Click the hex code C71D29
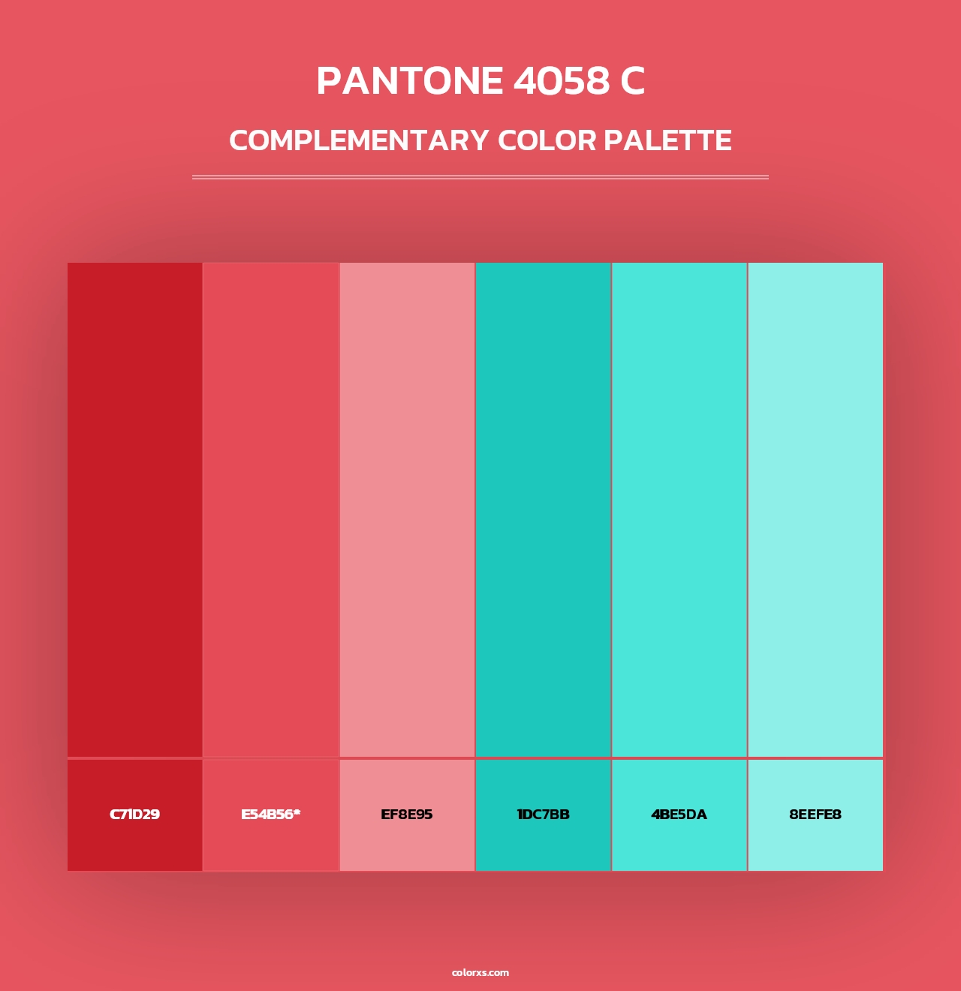[134, 815]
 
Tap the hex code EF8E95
[407, 815]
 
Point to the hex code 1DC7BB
[543, 815]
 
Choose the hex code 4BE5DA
[679, 815]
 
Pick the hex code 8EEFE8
[815, 815]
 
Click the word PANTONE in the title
[410, 81]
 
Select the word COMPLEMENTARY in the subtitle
[359, 140]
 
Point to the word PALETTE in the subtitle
[667, 140]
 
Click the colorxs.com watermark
[480, 972]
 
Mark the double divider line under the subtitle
[480, 177]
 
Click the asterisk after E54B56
[297, 812]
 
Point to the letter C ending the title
[632, 81]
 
